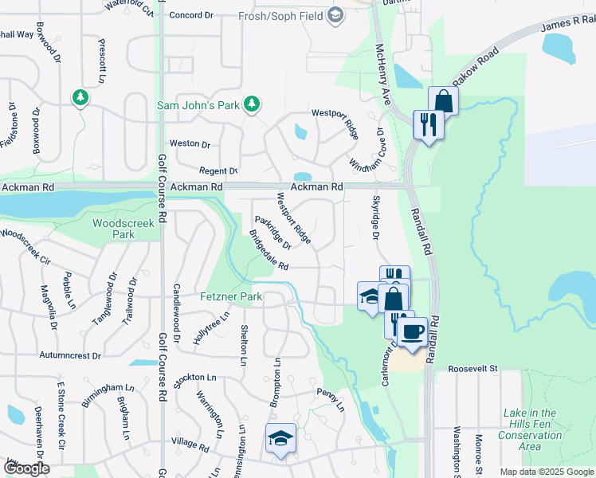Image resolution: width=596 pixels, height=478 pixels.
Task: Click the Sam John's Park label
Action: coord(198,104)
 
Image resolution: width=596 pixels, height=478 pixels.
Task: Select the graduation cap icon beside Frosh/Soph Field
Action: coord(336,14)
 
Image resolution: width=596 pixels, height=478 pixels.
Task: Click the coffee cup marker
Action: coord(412,331)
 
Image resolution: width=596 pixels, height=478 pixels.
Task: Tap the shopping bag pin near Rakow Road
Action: coord(443,101)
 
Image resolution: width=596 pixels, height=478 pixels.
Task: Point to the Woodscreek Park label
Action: coord(124,229)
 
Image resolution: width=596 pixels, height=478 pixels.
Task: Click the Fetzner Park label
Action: coord(230,296)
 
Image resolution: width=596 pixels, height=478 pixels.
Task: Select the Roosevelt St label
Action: coord(472,369)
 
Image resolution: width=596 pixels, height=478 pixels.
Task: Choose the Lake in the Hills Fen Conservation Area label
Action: coord(530,429)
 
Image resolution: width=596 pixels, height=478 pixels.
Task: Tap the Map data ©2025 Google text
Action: coord(547,472)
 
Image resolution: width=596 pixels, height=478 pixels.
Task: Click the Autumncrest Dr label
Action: coord(74,355)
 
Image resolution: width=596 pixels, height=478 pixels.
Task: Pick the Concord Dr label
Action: coord(192,15)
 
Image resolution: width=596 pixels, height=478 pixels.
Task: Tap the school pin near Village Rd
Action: coord(280,440)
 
